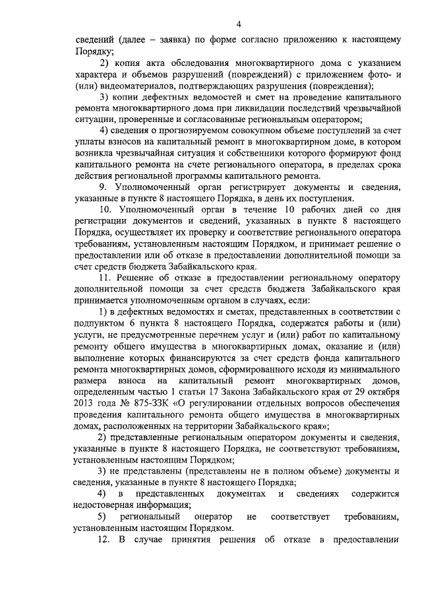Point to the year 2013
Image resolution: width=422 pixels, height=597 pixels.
[84, 405]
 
